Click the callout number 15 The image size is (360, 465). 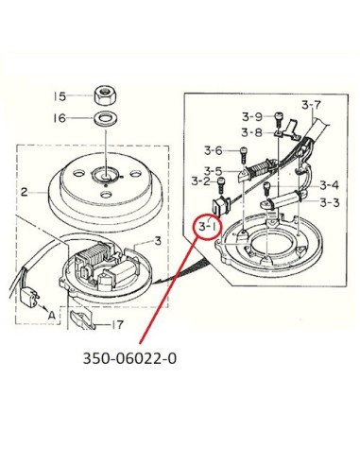60,96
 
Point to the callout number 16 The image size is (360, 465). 60,118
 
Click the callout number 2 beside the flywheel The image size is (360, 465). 25,192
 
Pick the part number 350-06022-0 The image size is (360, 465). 129,358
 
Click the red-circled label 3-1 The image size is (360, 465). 208,226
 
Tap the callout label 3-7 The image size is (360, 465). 311,105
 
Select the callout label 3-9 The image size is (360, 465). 252,117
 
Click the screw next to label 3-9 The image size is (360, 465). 279,119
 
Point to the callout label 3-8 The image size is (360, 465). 251,132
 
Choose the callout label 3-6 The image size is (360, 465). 214,150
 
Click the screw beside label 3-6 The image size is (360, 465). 243,155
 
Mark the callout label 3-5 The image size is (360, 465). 213,171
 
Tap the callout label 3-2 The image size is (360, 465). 201,181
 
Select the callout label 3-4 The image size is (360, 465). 329,185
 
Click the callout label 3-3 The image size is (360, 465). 330,202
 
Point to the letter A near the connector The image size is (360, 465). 52,315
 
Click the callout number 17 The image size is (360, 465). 116,324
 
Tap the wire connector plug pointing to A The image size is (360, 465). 29,298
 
